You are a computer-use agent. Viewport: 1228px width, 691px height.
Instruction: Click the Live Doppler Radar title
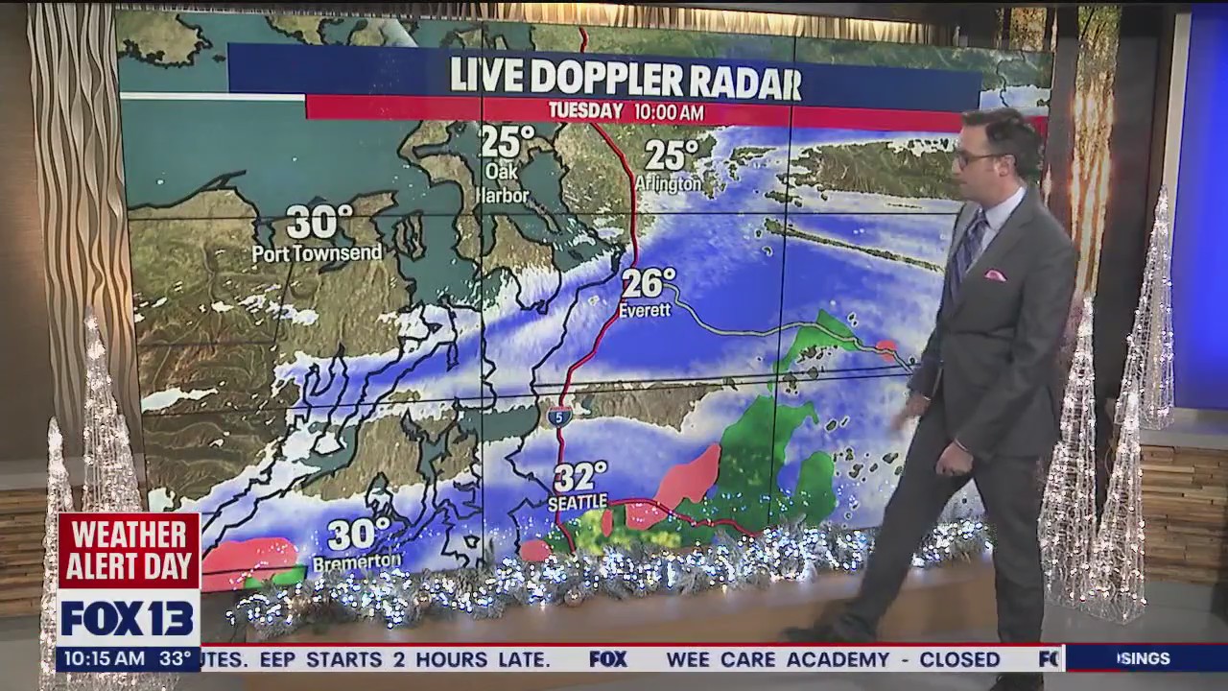[x=625, y=78]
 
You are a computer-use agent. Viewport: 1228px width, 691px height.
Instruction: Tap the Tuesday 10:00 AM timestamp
[x=626, y=111]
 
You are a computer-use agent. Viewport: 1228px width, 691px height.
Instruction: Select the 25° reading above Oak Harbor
[x=508, y=142]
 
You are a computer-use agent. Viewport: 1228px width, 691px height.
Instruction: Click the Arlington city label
[x=669, y=182]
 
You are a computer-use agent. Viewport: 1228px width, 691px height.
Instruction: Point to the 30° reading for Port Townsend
[x=319, y=223]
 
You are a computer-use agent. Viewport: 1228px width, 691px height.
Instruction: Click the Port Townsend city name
[x=317, y=253]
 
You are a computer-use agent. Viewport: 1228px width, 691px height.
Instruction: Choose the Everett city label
[x=645, y=311]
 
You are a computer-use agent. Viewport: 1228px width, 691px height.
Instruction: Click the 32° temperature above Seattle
[x=580, y=477]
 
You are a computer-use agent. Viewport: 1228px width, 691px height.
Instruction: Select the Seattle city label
[x=578, y=502]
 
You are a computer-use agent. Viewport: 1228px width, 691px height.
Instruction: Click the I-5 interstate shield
[x=561, y=416]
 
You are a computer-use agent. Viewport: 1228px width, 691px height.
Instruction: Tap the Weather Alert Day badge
[x=129, y=550]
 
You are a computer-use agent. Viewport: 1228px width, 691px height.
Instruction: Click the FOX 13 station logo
[x=128, y=618]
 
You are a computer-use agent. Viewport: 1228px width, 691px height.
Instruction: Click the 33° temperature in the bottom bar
[x=175, y=659]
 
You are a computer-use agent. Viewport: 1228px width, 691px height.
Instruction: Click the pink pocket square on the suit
[x=995, y=275]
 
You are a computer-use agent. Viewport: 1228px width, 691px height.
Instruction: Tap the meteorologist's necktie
[x=970, y=245]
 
